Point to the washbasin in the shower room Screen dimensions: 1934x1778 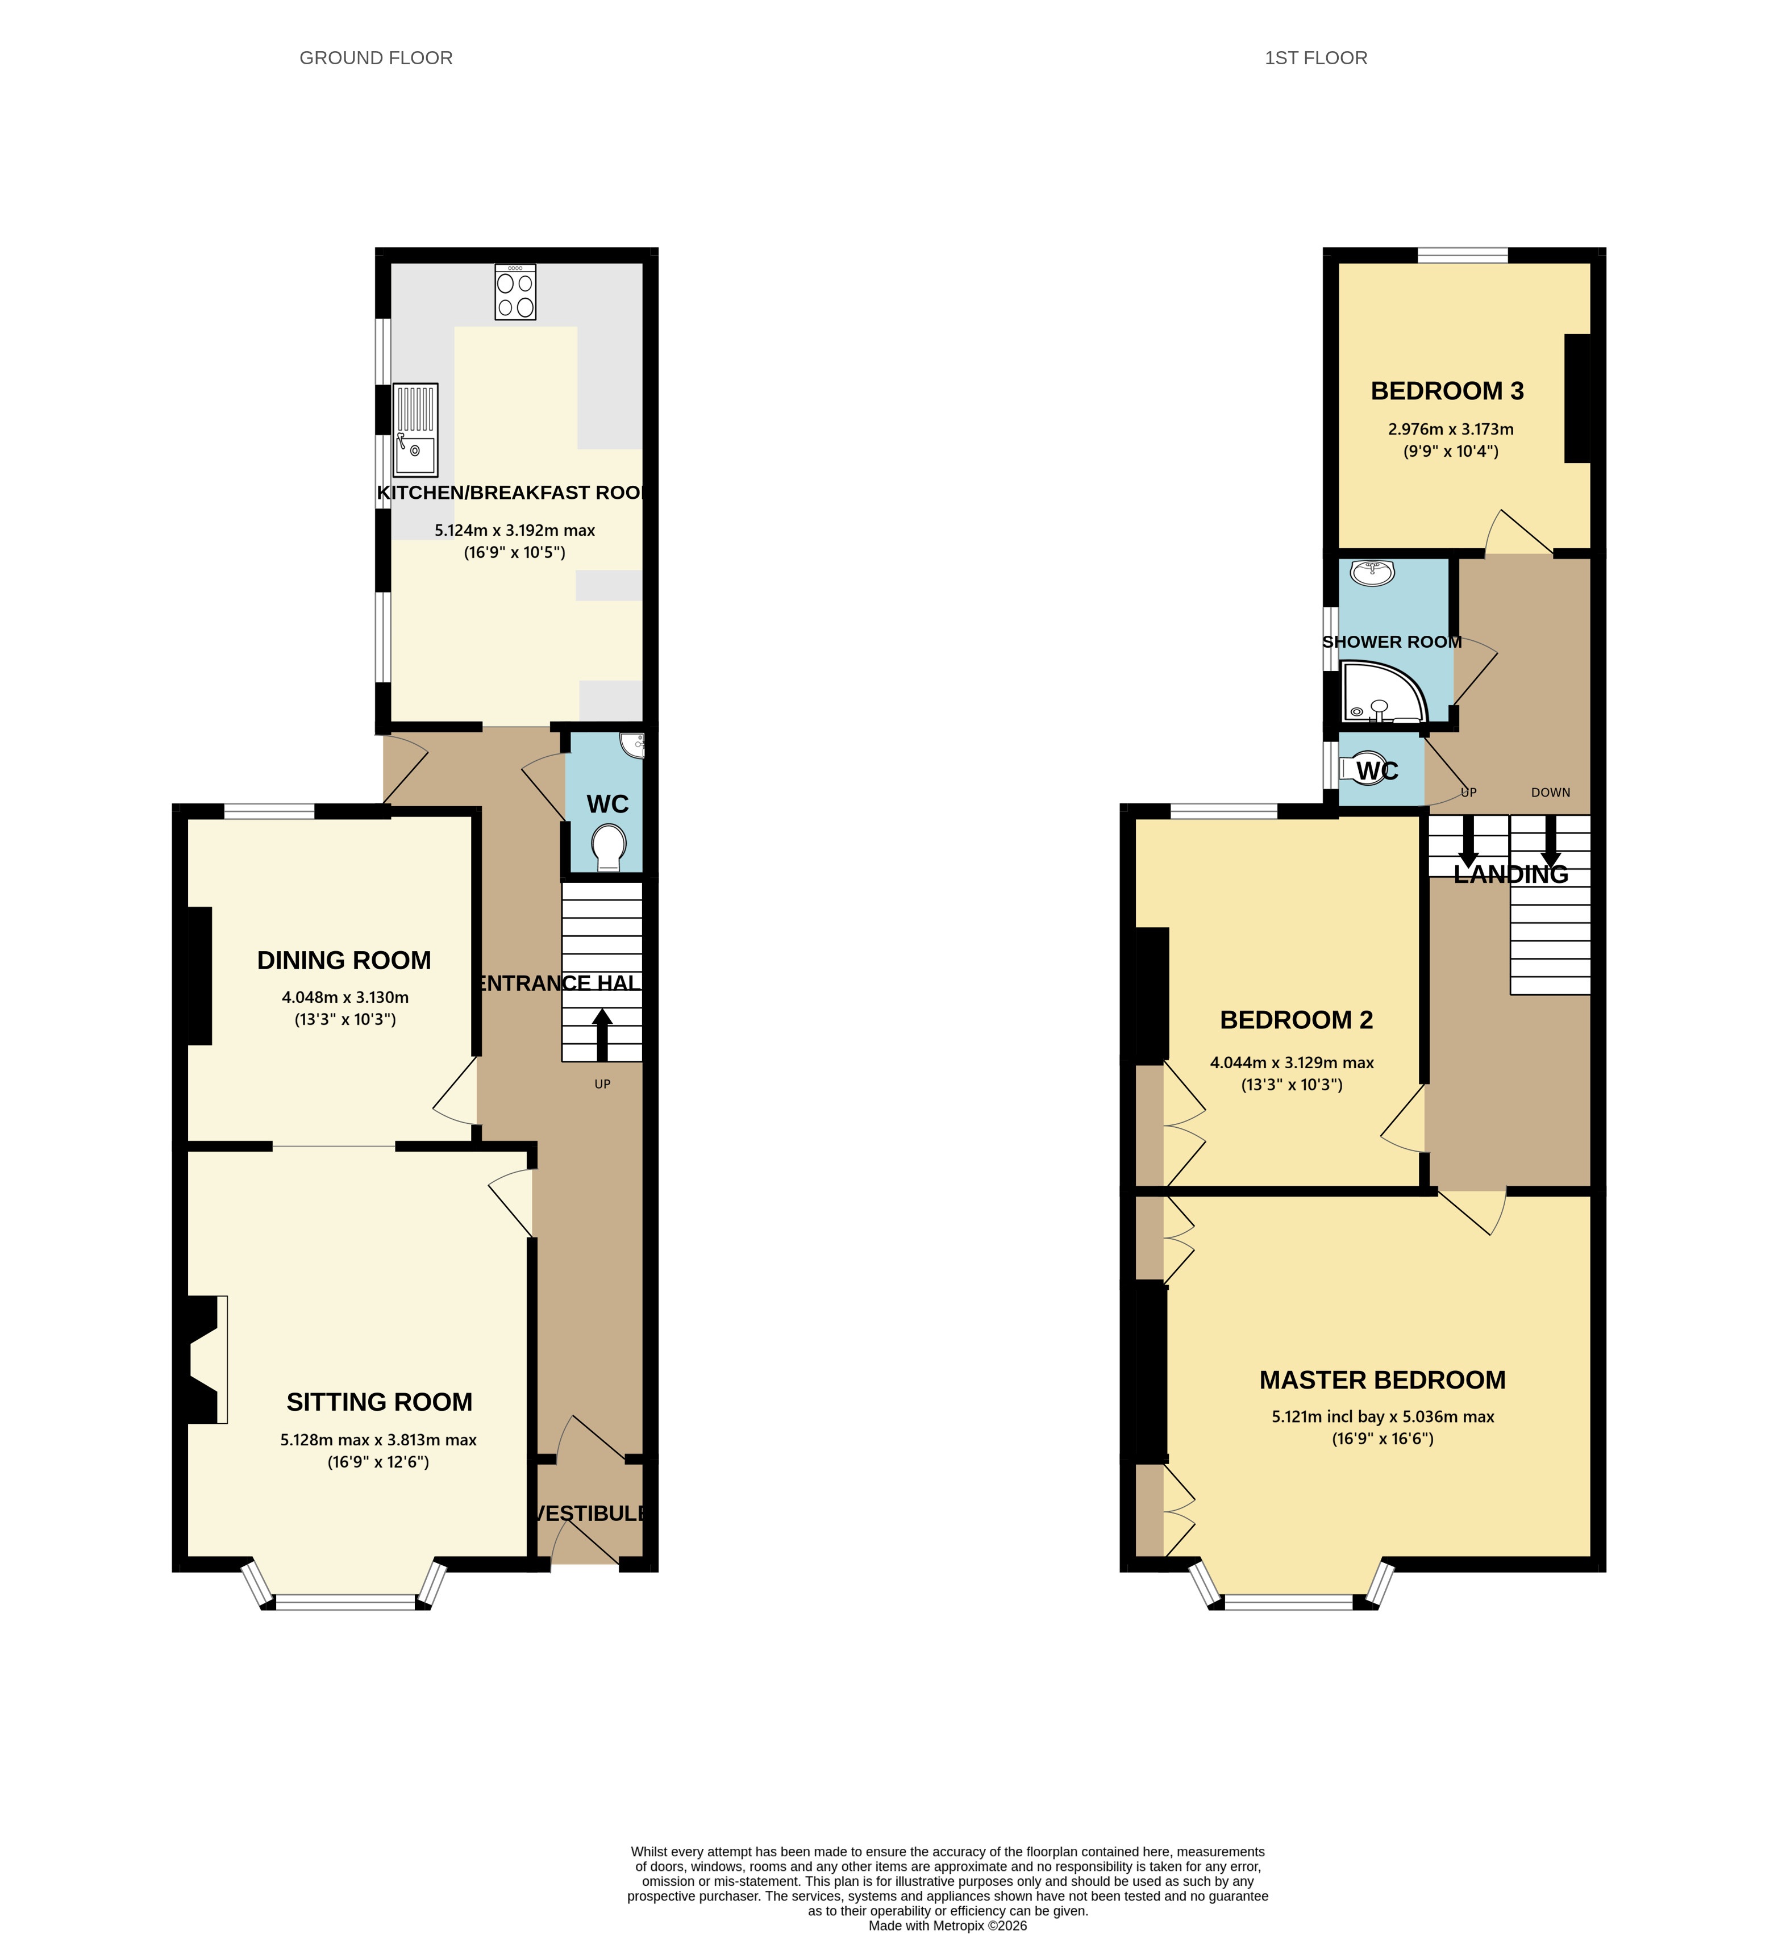click(x=1373, y=573)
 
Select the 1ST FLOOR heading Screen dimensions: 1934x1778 click(x=1315, y=58)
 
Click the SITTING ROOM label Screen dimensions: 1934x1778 click(x=379, y=1402)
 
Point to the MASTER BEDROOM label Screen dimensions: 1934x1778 click(x=1381, y=1380)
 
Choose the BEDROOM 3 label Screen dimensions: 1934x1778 click(x=1447, y=391)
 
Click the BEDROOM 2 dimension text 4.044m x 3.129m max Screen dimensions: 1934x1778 click(x=1291, y=1062)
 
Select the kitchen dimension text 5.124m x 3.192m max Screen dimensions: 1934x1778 click(x=515, y=530)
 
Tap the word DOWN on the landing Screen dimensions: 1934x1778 click(x=1550, y=793)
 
